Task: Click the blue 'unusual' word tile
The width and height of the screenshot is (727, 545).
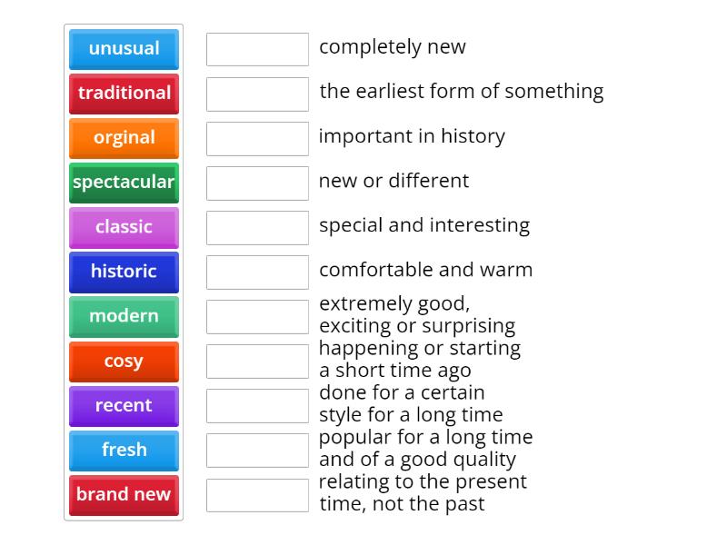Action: click(124, 49)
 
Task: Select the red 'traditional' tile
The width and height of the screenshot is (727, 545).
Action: click(124, 94)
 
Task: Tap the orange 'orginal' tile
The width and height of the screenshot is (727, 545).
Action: click(124, 138)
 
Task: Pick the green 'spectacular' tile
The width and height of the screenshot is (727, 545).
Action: click(124, 183)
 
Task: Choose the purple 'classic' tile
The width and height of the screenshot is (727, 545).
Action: click(124, 227)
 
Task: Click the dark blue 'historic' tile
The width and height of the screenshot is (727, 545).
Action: click(124, 272)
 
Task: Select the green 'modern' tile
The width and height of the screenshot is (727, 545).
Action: click(124, 316)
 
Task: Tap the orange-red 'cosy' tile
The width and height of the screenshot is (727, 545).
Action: click(124, 362)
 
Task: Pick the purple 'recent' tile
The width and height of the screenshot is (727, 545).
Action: click(124, 406)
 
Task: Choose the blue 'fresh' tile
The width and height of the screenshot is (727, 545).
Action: click(124, 451)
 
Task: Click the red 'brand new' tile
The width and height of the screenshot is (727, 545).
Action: click(124, 495)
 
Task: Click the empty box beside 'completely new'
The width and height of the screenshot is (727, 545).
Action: click(257, 49)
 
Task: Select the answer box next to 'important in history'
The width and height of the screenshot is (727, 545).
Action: click(257, 138)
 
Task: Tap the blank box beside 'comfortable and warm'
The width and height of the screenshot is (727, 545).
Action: click(257, 272)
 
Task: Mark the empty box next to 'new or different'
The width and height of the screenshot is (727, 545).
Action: click(257, 183)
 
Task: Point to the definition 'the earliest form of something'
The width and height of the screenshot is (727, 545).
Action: click(461, 92)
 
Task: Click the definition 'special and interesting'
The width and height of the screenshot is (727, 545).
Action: click(423, 225)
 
